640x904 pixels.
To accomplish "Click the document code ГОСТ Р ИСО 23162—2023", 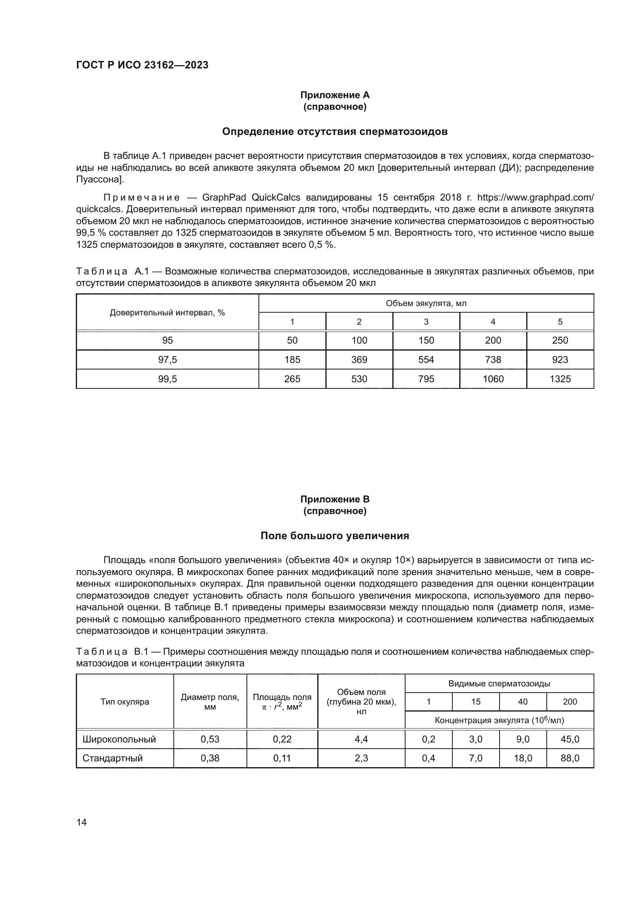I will coord(142,65).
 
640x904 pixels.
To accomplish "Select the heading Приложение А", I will coord(335,95).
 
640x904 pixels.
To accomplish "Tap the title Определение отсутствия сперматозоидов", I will coord(335,131).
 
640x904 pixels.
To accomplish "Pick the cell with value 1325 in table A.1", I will coord(560,379).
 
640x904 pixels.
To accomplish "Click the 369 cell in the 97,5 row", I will coord(359,359).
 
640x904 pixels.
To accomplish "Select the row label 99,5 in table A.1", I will coord(167,379).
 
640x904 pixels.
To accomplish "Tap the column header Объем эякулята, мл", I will coord(426,303).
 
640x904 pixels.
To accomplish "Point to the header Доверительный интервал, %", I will coord(167,313).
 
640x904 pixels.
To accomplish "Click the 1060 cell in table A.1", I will coord(493,379).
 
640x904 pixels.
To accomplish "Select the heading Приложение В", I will coord(335,499).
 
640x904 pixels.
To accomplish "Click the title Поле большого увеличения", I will coord(335,536).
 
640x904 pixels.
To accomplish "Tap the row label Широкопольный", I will coord(119,739).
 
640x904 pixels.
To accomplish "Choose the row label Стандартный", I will coord(112,758).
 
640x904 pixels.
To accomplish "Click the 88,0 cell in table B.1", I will coord(570,758).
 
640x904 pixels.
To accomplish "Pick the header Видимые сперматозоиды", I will coord(499,684).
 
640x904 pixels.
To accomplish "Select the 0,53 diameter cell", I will coord(210,739).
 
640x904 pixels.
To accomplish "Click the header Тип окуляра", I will coord(125,701).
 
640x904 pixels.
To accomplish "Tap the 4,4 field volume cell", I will coord(361,739).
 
